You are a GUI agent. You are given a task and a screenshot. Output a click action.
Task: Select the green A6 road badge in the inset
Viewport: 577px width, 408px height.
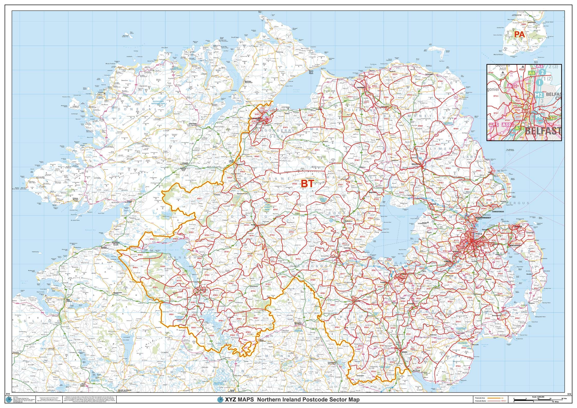point(532,80)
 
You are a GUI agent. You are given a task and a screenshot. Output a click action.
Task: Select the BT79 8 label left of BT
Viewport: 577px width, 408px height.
point(295,184)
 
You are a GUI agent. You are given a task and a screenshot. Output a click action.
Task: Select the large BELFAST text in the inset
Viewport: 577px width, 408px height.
point(542,131)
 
